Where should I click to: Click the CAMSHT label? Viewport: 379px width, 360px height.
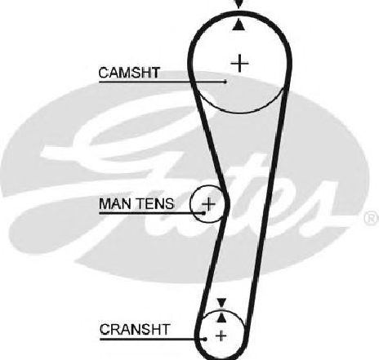[x=129, y=73]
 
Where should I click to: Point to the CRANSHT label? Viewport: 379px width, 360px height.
[x=135, y=329]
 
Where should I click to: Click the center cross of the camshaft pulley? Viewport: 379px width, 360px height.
[x=239, y=64]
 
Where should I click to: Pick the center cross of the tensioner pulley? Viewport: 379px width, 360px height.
[x=208, y=203]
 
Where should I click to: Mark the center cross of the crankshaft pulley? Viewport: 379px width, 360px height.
[x=221, y=336]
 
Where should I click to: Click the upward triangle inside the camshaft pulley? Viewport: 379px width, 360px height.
[x=239, y=24]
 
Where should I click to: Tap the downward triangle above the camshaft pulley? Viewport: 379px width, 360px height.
[x=239, y=4]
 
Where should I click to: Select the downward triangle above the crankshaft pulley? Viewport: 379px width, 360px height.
[x=221, y=303]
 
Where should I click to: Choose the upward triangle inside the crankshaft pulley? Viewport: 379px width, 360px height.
[x=222, y=318]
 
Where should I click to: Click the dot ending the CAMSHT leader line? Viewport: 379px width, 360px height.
[x=225, y=82]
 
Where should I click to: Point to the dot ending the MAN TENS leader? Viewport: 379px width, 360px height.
[x=203, y=213]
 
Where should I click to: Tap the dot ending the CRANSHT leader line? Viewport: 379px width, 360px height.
[x=205, y=339]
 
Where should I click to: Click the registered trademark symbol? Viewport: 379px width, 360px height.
[x=371, y=219]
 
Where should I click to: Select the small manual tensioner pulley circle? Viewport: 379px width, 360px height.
[x=190, y=203]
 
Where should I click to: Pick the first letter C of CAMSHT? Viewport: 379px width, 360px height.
[x=104, y=73]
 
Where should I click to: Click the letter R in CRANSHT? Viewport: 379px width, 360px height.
[x=115, y=329]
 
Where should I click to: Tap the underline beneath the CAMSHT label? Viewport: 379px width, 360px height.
[x=162, y=82]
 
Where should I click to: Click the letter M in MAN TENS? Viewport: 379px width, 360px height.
[x=105, y=203]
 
